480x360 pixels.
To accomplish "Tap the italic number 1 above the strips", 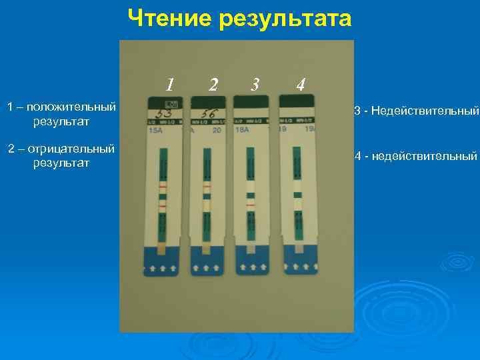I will (x=171, y=85).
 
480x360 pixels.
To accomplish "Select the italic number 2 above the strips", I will (x=213, y=85).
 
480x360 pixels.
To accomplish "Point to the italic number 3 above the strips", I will (x=255, y=85).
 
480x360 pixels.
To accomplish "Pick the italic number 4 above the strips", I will (x=301, y=85).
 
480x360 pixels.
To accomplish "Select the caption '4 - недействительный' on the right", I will (x=416, y=157).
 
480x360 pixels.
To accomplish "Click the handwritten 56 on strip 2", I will (x=205, y=113).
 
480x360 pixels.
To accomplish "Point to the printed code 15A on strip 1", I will (x=155, y=131).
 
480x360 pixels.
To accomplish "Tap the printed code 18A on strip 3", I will (x=242, y=131).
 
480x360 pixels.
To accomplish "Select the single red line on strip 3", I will (x=250, y=206).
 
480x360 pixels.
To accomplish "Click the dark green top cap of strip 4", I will (x=295, y=101).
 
